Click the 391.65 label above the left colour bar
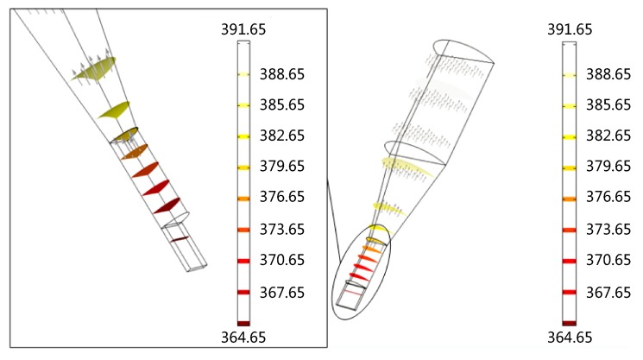pos(243,29)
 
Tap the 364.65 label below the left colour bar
pos(243,338)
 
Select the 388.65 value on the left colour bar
pos(282,74)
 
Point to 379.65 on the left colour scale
pos(282,166)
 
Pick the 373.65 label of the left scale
pos(282,229)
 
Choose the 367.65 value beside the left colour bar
pos(282,293)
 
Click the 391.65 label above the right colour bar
pos(570,29)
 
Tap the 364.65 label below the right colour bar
pos(570,338)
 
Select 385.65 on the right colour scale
pos(608,105)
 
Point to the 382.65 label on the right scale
pos(608,136)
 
